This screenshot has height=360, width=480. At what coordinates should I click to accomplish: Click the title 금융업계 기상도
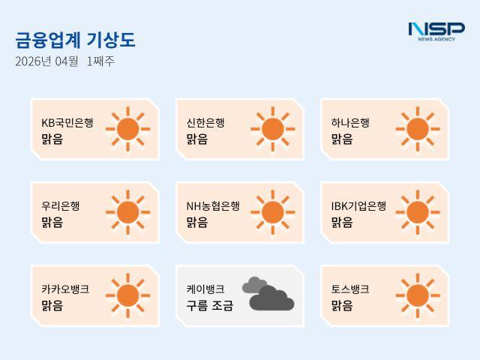pos(75,40)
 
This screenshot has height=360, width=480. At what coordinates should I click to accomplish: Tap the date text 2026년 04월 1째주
pos(64,61)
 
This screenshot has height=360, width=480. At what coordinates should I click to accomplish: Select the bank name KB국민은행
pos(67,122)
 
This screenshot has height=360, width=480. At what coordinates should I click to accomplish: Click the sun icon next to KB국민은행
pos(127,129)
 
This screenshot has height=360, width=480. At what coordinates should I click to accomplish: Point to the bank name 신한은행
pos(205,122)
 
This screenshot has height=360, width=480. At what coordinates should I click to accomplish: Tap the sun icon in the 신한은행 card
pos(272,129)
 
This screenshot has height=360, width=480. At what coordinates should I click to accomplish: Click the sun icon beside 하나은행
pos(417,129)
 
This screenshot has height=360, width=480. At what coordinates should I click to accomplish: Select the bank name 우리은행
pos(61,205)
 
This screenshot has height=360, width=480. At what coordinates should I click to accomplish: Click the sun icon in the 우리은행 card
pos(127,212)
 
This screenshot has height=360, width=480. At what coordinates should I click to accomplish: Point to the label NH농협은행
pos(213,205)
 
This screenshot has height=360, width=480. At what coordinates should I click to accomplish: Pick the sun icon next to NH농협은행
pos(272,212)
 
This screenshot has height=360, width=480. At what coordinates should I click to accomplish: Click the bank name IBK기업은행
pos(358,205)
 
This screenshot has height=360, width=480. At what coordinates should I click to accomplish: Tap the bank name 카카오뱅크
pos(65,289)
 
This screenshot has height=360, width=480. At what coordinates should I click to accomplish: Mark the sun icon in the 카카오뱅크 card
pos(127,295)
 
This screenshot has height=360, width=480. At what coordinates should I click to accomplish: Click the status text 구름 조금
pos(210,305)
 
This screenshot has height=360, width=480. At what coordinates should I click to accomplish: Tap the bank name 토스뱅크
pos(350,289)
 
